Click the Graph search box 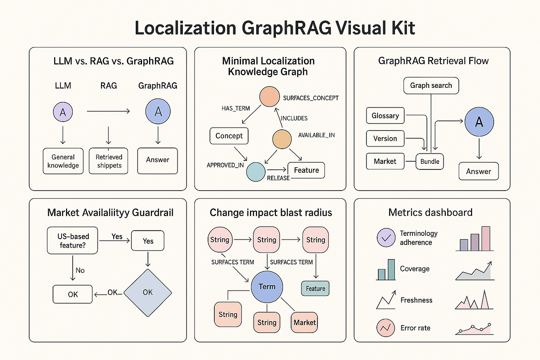tap(431, 86)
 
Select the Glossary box tap(385, 116)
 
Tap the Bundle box tap(429, 162)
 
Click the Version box tap(385, 139)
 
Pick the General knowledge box tap(63, 161)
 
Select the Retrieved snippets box tap(109, 161)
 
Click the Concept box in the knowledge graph tap(229, 136)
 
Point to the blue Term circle tap(267, 287)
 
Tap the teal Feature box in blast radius tap(315, 288)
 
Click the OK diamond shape tap(148, 293)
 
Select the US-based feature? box tap(73, 241)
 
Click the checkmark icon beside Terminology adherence tap(386, 238)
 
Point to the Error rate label tap(415, 328)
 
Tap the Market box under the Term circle tap(304, 323)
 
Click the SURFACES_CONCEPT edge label tap(311, 98)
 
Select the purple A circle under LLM tap(63, 112)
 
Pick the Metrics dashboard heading tap(430, 212)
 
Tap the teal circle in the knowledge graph tap(256, 172)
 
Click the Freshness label tap(416, 300)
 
